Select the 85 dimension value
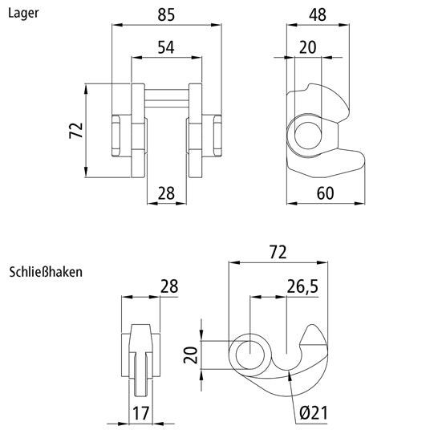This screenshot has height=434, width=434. [166, 14]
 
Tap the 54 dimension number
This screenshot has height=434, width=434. [166, 47]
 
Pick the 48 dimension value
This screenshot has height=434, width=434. [320, 14]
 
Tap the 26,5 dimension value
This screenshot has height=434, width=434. [303, 286]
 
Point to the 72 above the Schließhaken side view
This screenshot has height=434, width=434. [278, 252]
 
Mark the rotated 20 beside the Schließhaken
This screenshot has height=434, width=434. [190, 354]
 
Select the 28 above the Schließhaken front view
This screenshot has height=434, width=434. [168, 286]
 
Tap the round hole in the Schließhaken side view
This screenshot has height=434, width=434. [251, 354]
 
